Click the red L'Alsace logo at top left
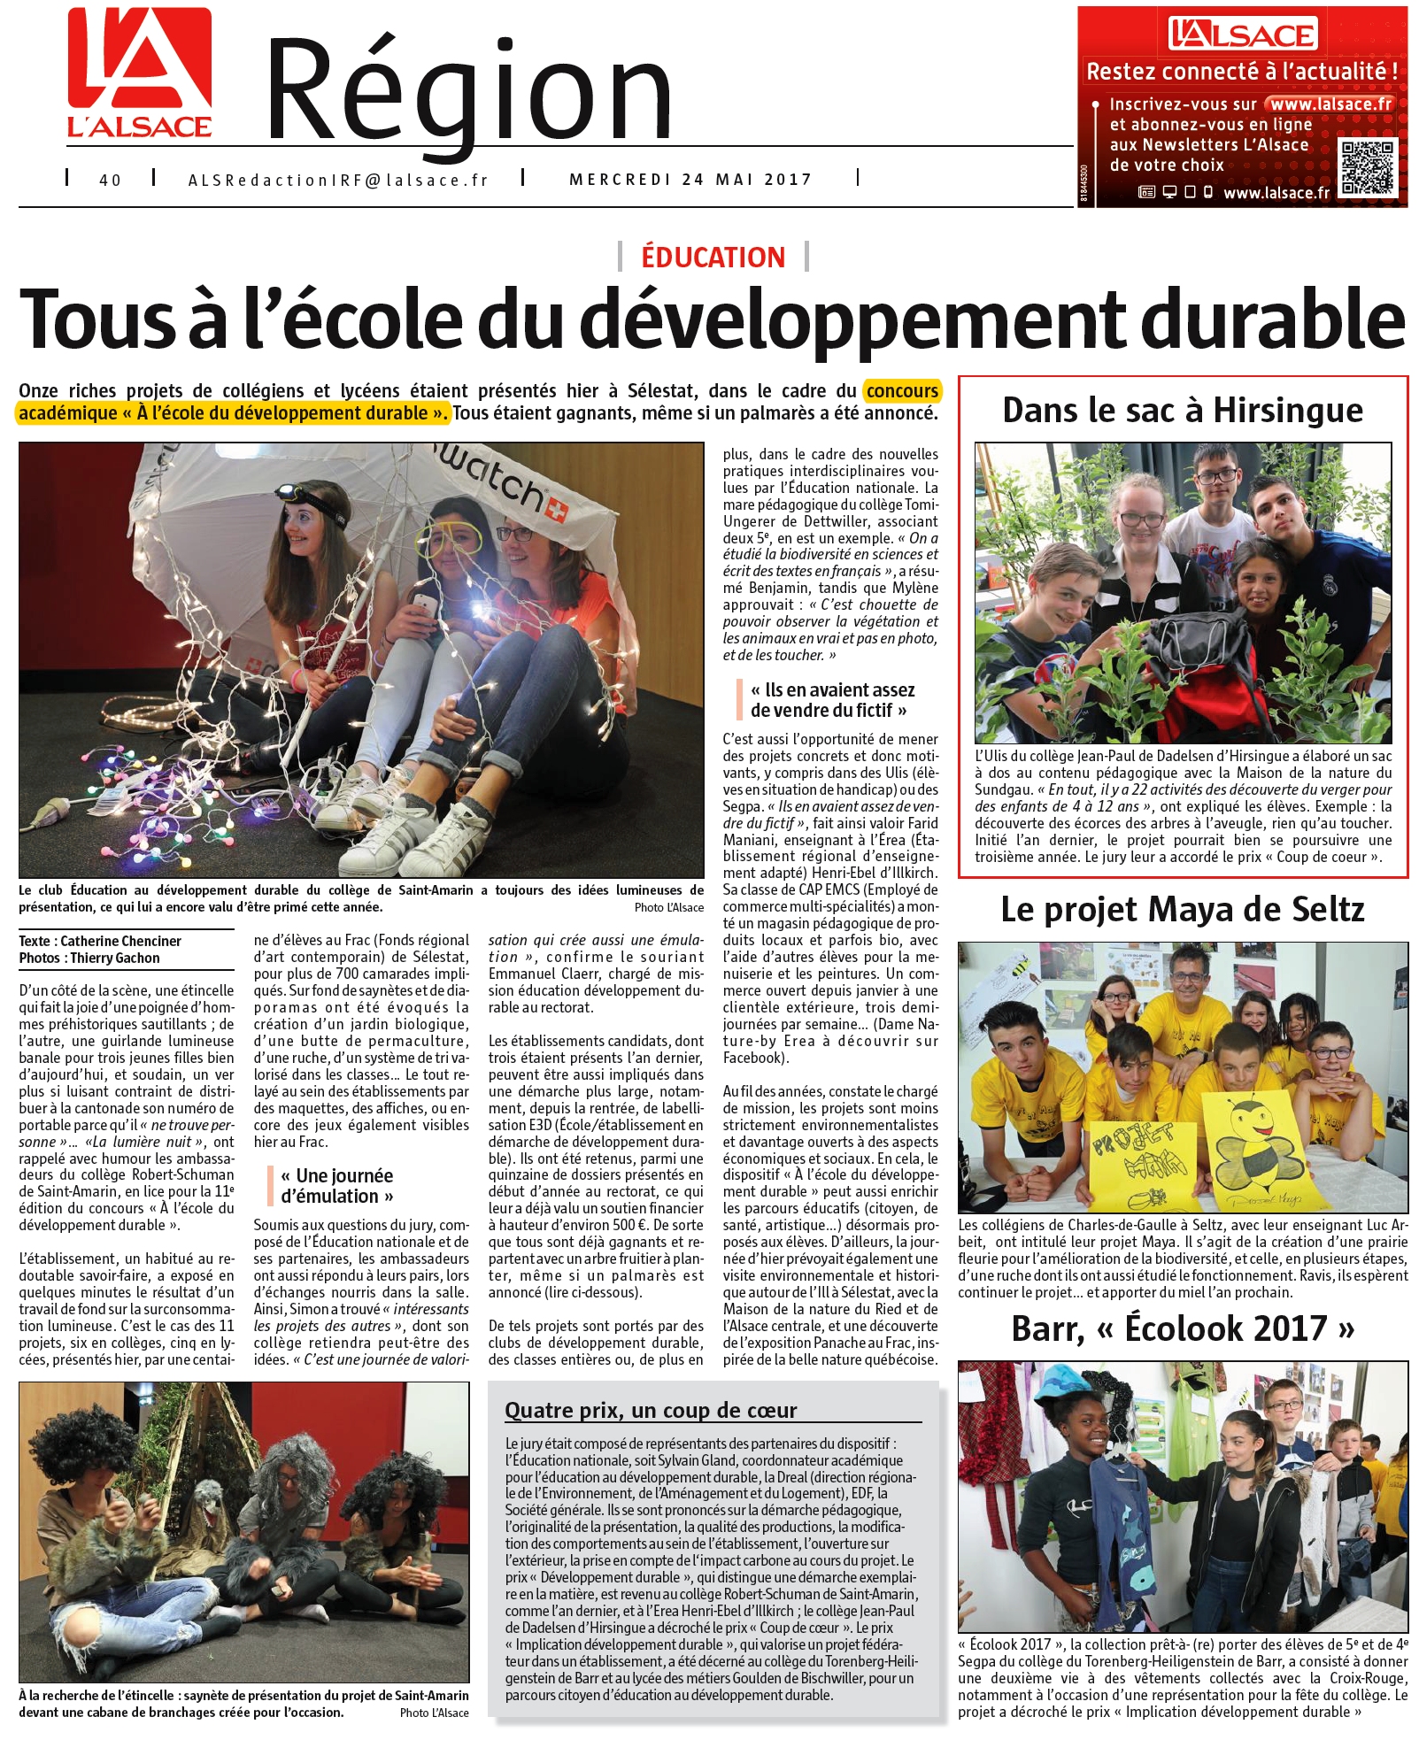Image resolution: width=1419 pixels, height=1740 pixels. click(140, 73)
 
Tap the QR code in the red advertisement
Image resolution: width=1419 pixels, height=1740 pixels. click(1367, 168)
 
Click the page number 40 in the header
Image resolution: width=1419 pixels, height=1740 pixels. click(110, 181)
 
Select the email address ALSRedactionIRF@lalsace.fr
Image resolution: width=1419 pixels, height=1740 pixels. click(338, 181)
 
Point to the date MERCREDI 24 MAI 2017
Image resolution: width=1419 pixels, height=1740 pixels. click(690, 180)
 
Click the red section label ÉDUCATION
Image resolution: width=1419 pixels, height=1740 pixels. click(713, 258)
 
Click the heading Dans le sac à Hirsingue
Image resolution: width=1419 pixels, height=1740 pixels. click(1183, 411)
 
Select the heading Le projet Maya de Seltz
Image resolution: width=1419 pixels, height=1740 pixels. click(1183, 910)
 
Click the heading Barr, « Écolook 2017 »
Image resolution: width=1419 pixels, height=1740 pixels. click(1183, 1328)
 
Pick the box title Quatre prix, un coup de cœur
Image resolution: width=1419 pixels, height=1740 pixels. click(651, 1410)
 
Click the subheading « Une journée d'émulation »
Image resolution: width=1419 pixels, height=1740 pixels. click(336, 1186)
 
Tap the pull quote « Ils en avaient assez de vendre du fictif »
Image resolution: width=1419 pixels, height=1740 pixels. click(831, 700)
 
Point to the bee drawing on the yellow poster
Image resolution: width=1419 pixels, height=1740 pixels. click(1253, 1147)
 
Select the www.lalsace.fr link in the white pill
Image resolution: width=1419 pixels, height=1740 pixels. click(1330, 104)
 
